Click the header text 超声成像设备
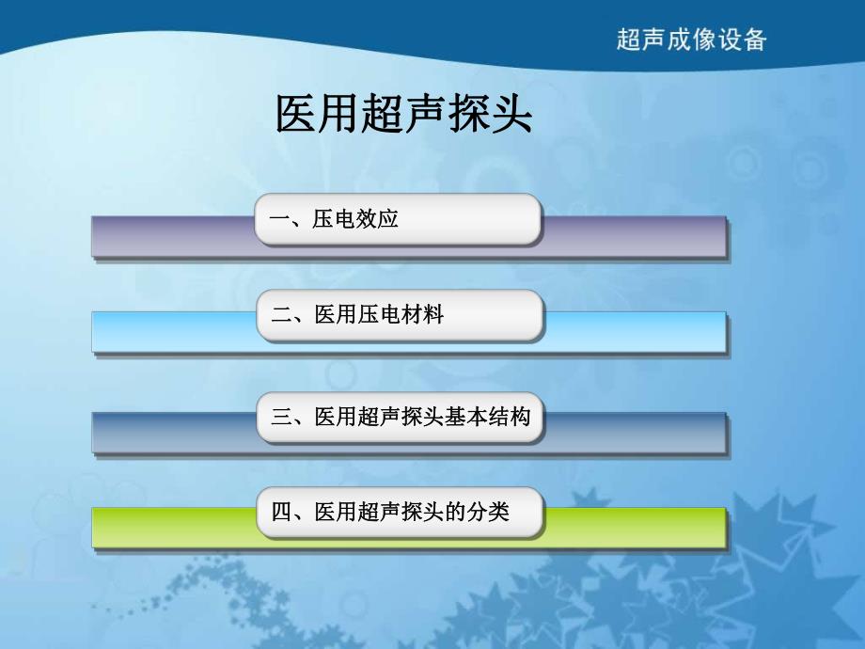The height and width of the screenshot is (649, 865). pyautogui.click(x=691, y=39)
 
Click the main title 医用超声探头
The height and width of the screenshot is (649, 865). pyautogui.click(x=403, y=115)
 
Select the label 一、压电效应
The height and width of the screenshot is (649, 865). pyautogui.click(x=334, y=219)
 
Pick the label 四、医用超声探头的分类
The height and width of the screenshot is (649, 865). pyautogui.click(x=389, y=513)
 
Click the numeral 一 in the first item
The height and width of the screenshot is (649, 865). pyautogui.click(x=278, y=219)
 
